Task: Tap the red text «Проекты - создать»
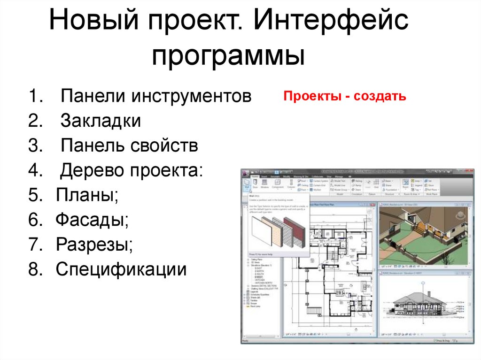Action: (345, 97)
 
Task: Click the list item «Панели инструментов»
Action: (156, 97)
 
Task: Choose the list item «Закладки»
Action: (101, 121)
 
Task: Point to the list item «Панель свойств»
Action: (129, 146)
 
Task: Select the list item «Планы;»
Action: (87, 195)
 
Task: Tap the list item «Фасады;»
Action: (92, 219)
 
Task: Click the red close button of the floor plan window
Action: (374, 205)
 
